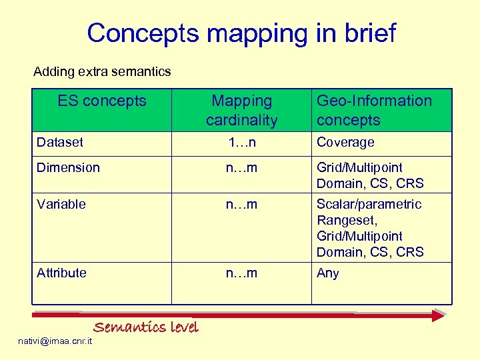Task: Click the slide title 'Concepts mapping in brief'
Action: pyautogui.click(x=241, y=33)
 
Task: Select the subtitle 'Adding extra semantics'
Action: pyautogui.click(x=102, y=71)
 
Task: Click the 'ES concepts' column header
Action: pyautogui.click(x=101, y=101)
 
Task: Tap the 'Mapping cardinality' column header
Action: pyautogui.click(x=241, y=110)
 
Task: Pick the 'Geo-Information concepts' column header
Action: pyautogui.click(x=374, y=110)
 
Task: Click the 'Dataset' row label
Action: pyautogui.click(x=60, y=142)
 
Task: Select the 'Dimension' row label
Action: pyautogui.click(x=68, y=167)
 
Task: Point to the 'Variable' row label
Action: pyautogui.click(x=61, y=204)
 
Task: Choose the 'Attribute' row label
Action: pyautogui.click(x=61, y=273)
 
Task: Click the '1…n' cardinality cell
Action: pyautogui.click(x=241, y=142)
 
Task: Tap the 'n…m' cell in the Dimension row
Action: pyautogui.click(x=241, y=167)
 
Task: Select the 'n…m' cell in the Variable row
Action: pyautogui.click(x=241, y=204)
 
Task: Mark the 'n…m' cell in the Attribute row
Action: pyautogui.click(x=241, y=273)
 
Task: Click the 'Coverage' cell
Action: pyautogui.click(x=345, y=142)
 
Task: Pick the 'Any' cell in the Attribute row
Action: pyautogui.click(x=327, y=273)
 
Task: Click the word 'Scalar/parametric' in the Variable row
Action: pyautogui.click(x=369, y=204)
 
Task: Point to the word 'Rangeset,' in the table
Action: pyautogui.click(x=346, y=220)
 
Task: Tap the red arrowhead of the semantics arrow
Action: pyautogui.click(x=437, y=315)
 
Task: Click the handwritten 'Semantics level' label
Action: pyautogui.click(x=145, y=327)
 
